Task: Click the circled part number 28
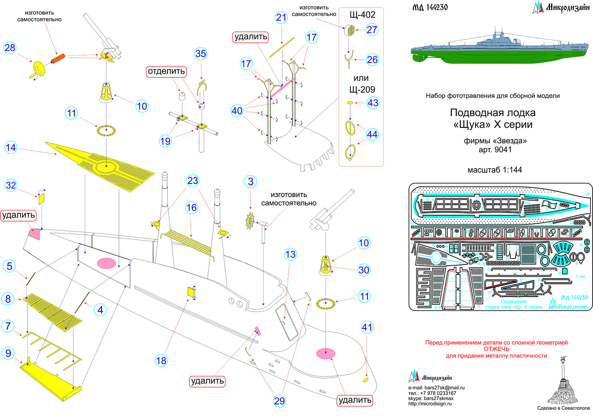[10, 48]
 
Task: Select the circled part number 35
[201, 54]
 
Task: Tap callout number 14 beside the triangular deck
[11, 148]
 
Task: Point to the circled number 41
[367, 327]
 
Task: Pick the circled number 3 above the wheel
[251, 182]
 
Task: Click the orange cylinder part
[58, 59]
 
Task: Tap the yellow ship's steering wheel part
[251, 221]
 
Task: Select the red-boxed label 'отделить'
[166, 71]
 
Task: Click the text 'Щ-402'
[362, 15]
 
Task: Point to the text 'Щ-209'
[362, 90]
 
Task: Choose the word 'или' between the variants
[361, 78]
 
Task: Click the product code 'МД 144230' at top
[430, 7]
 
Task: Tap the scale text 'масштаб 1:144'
[494, 170]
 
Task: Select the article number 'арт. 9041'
[495, 150]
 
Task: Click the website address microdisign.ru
[430, 404]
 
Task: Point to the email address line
[436, 388]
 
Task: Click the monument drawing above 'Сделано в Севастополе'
[563, 382]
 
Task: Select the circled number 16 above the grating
[192, 208]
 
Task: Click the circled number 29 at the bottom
[279, 401]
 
